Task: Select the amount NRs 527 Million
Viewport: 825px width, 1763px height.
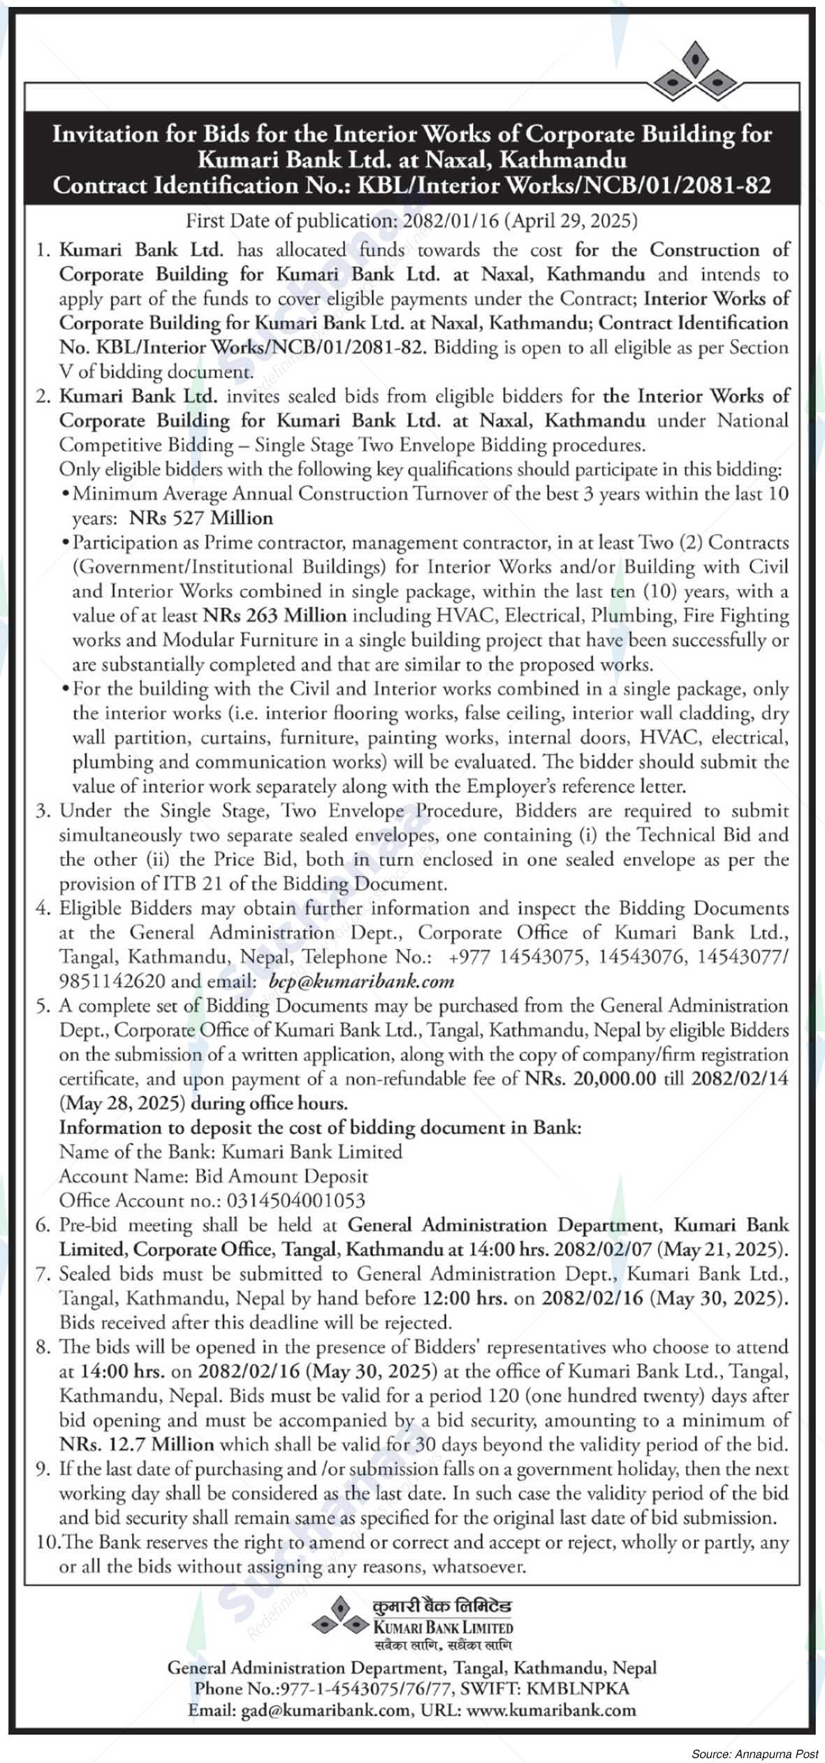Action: click(x=201, y=518)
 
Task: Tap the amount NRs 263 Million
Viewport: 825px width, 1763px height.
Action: click(x=275, y=615)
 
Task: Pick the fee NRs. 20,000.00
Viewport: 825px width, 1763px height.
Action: click(x=590, y=1078)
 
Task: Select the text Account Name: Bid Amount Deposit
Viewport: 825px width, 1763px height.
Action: click(x=213, y=1176)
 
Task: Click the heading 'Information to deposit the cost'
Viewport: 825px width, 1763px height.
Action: click(x=319, y=1127)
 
